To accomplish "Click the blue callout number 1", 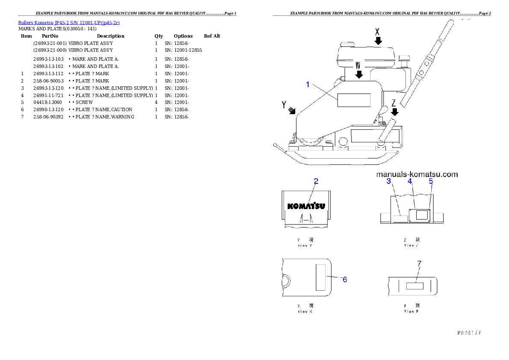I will tap(308, 85).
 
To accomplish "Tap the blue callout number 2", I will tap(316, 181).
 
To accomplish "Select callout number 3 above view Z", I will tap(389, 181).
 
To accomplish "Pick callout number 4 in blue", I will tap(410, 181).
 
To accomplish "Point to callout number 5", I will tap(431, 181).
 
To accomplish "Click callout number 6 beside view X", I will tap(344, 279).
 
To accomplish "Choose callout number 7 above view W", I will tap(419, 264).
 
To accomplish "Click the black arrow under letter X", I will tap(378, 41).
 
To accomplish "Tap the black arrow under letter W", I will tap(359, 74).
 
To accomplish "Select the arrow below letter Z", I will tap(395, 112).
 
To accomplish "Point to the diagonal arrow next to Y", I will tap(292, 110).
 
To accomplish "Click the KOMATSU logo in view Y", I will tap(306, 206).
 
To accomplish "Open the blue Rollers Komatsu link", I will tap(69, 22).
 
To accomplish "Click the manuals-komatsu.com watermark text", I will tap(417, 174).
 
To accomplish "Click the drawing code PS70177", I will tap(469, 332).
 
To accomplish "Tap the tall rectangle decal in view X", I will tap(321, 277).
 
